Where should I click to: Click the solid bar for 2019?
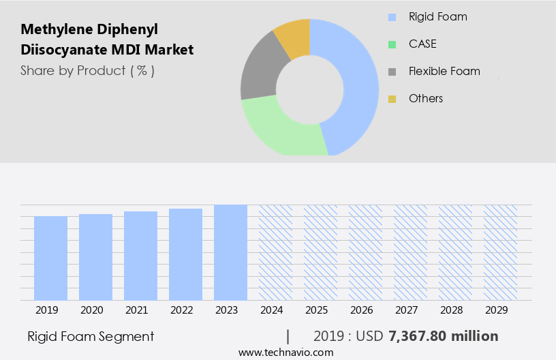[50, 258]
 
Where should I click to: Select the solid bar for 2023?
[230, 252]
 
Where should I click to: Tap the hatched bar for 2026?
[365, 252]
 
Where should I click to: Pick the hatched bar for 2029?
[500, 252]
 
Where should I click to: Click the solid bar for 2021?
[140, 256]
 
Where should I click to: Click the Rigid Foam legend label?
[437, 16]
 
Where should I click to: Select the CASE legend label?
[422, 44]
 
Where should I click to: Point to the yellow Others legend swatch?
[392, 99]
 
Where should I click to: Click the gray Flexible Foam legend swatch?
[392, 72]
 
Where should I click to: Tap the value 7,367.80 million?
[443, 336]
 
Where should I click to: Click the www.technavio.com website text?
[286, 352]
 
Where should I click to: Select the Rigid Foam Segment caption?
[91, 336]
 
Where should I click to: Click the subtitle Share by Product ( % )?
[87, 70]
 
